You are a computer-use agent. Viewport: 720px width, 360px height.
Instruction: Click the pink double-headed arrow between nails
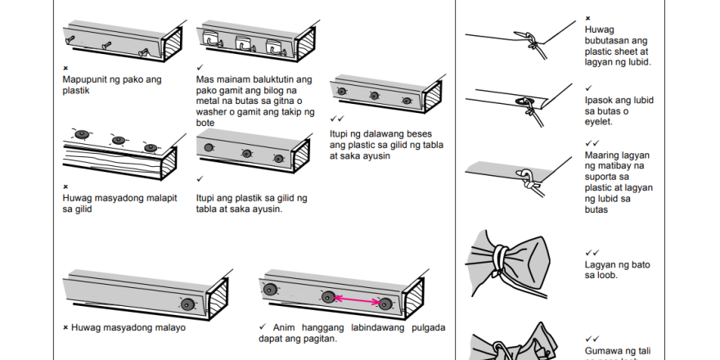tap(357, 300)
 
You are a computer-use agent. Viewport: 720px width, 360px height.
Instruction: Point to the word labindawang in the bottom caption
tap(372, 327)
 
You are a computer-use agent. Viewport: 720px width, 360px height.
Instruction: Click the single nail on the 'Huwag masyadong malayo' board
tap(187, 304)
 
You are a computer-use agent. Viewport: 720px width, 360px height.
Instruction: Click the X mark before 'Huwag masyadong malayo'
tap(65, 327)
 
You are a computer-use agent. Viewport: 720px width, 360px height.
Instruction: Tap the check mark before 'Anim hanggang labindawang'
tap(262, 327)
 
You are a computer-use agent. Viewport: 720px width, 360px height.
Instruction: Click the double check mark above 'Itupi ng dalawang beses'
tap(335, 119)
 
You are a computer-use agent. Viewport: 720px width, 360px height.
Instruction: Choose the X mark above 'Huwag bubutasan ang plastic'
tap(587, 18)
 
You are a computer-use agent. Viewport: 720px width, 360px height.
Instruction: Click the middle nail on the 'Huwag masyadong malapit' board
tap(119, 141)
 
